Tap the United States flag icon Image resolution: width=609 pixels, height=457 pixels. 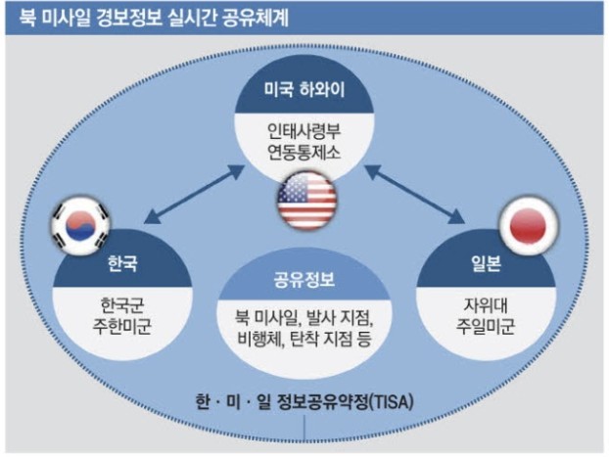(x=306, y=200)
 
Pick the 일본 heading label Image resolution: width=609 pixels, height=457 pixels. (x=484, y=263)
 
